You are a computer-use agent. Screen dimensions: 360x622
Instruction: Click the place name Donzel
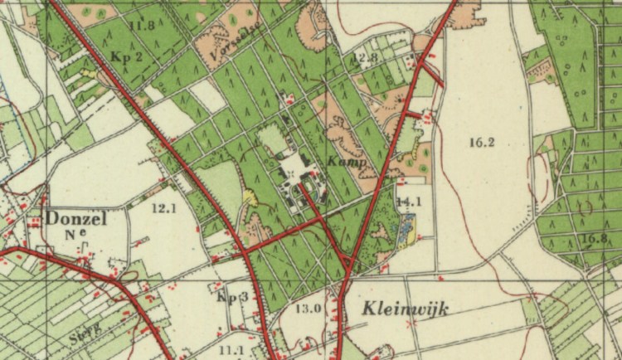75,219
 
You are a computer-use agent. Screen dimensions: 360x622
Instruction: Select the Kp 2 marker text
127,56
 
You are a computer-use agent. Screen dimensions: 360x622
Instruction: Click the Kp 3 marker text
232,296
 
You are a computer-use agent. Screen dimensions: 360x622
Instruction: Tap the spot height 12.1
164,208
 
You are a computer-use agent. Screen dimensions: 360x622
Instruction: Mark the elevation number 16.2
481,143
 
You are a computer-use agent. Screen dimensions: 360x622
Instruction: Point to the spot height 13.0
309,309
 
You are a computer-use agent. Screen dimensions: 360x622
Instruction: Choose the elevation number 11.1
232,351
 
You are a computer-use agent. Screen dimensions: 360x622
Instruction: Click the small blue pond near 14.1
407,229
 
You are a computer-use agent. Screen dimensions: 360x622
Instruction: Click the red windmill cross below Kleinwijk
410,324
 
